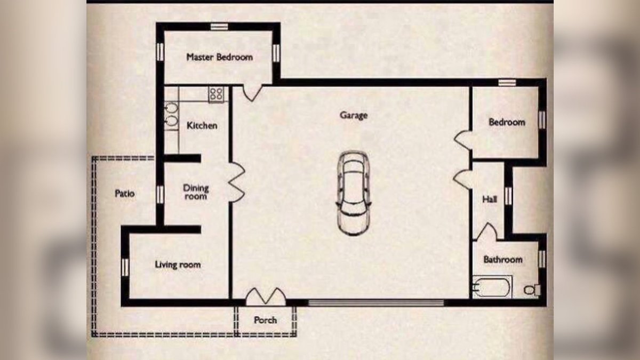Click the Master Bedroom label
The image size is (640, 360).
219,57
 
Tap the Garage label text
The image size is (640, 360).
354,115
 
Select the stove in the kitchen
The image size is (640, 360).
216,95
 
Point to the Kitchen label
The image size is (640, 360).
202,126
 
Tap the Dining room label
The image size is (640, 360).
196,192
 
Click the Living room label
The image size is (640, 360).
178,265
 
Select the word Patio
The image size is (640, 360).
125,194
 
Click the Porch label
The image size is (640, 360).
265,320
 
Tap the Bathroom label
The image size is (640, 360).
502,260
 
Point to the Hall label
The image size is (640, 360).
489,199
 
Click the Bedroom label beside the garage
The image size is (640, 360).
507,122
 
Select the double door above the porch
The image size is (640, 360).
265,296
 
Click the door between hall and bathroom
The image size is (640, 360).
486,232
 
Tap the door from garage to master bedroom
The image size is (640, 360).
252,93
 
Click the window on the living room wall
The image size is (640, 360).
125,267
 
